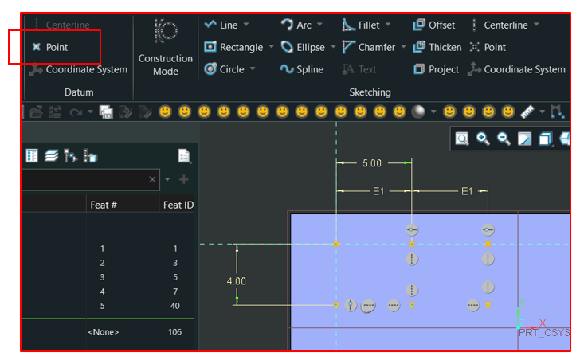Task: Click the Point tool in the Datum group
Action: (x=51, y=47)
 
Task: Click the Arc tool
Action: (x=298, y=25)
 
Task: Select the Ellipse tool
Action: (x=304, y=47)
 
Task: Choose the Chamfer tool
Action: (x=368, y=47)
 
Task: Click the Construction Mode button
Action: (x=165, y=47)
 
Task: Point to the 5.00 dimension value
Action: (x=371, y=162)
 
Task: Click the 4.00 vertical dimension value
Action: (x=237, y=281)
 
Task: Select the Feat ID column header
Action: (x=178, y=205)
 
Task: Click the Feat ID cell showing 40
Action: (x=174, y=306)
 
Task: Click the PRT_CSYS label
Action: (x=543, y=333)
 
